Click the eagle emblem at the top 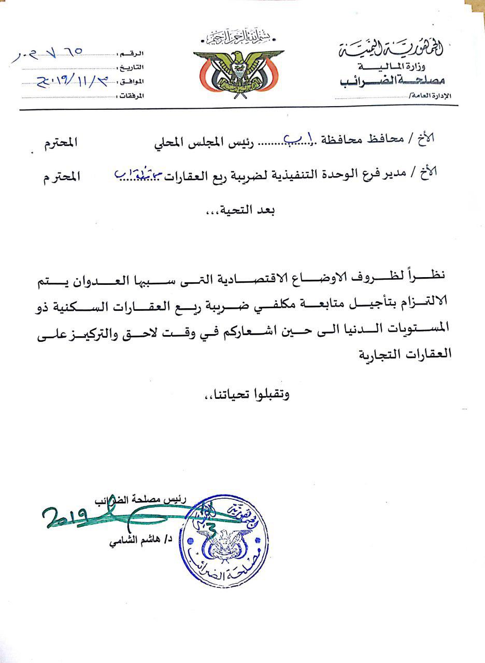238,73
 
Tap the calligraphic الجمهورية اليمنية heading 396,51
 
